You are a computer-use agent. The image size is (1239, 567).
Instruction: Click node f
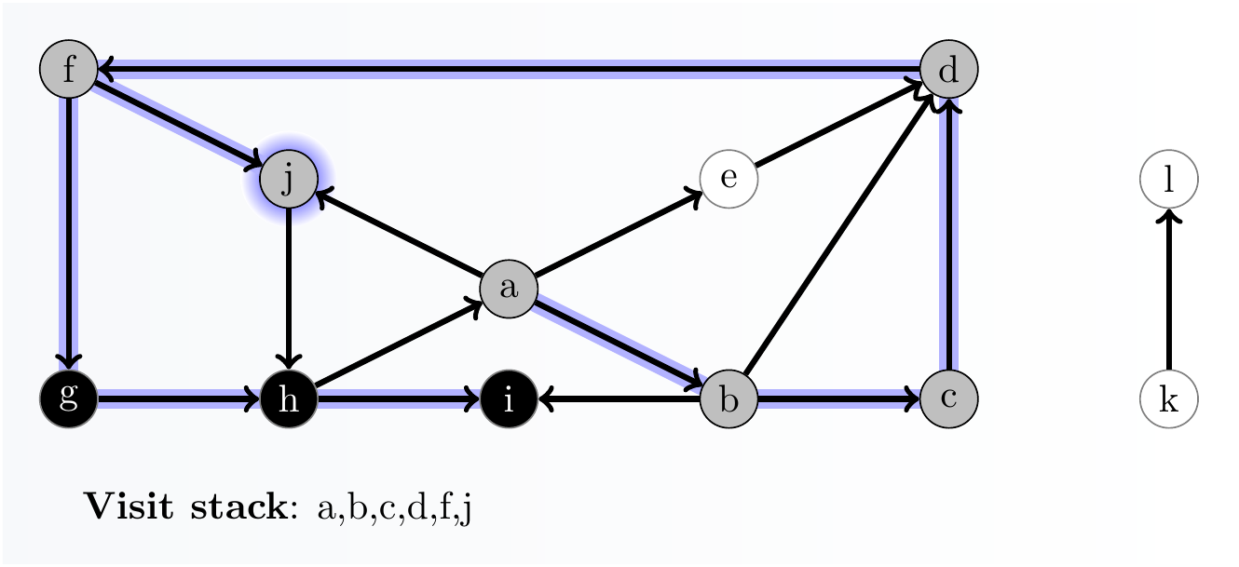[69, 70]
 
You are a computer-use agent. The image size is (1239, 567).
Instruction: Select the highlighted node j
[289, 180]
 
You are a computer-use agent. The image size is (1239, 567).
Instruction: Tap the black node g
[69, 398]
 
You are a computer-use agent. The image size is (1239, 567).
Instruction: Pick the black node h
[289, 398]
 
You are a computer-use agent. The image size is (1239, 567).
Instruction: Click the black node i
[509, 398]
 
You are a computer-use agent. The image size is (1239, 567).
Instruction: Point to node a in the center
[509, 289]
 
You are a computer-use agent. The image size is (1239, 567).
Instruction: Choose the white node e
[728, 180]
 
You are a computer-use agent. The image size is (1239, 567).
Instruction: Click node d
[948, 70]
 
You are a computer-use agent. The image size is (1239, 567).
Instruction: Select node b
[728, 398]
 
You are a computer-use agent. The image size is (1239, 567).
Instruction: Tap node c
[948, 398]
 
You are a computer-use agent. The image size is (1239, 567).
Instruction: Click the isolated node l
[1168, 180]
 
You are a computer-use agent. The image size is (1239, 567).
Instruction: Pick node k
[1168, 398]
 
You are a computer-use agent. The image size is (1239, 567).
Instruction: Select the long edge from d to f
[509, 69]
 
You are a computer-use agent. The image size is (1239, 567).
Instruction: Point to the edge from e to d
[838, 125]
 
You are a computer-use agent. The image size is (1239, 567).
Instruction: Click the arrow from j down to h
[289, 289]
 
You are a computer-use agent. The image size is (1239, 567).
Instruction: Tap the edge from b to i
[619, 399]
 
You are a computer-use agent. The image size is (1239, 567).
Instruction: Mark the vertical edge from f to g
[69, 233]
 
